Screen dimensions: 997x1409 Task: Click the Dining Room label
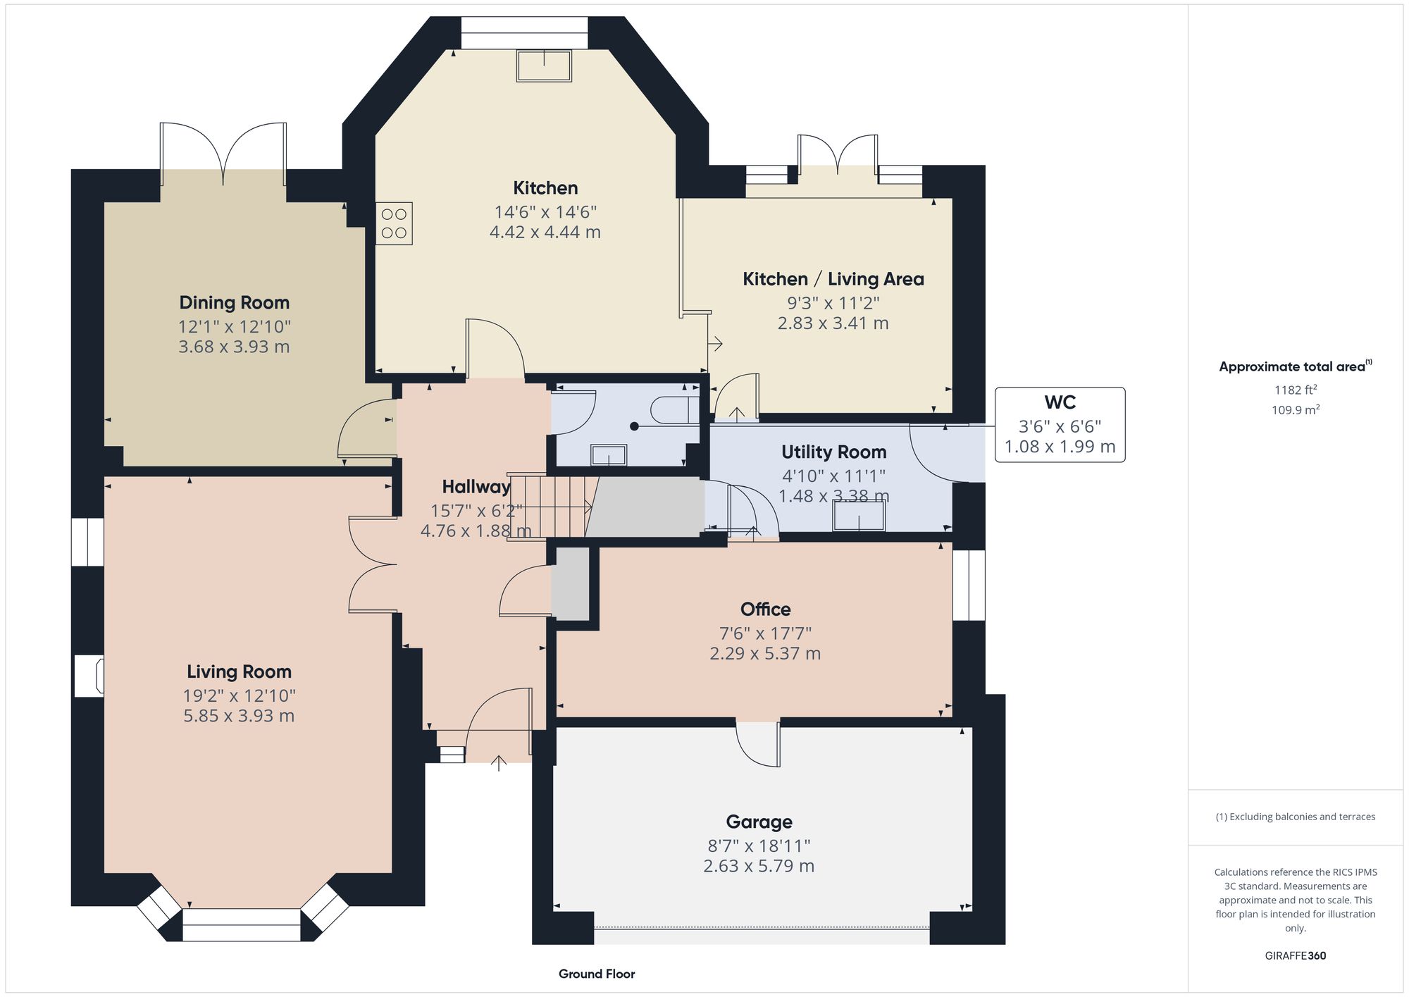coord(234,303)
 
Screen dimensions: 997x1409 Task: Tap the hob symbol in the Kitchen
coord(394,223)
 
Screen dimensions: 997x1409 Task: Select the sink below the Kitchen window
coord(544,66)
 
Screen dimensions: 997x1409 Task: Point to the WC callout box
coord(1060,425)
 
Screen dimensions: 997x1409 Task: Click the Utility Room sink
coord(859,516)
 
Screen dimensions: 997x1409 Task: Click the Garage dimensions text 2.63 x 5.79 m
coord(759,866)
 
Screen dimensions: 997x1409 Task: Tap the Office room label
coord(765,609)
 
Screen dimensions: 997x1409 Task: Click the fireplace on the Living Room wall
coord(89,676)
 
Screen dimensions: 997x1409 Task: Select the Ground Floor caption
coord(597,974)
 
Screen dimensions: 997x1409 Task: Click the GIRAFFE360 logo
coord(1295,956)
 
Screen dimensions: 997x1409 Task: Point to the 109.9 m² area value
coord(1295,410)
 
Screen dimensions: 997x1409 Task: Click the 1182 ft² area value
coord(1295,390)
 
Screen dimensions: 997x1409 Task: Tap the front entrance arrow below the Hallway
coord(499,763)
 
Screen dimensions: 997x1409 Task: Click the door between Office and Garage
coord(759,743)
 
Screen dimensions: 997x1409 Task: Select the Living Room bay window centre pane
coord(242,924)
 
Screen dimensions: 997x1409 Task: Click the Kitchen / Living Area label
coord(833,279)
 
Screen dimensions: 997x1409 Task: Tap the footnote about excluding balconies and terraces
coord(1295,817)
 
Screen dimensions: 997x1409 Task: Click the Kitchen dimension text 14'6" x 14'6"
coord(545,212)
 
